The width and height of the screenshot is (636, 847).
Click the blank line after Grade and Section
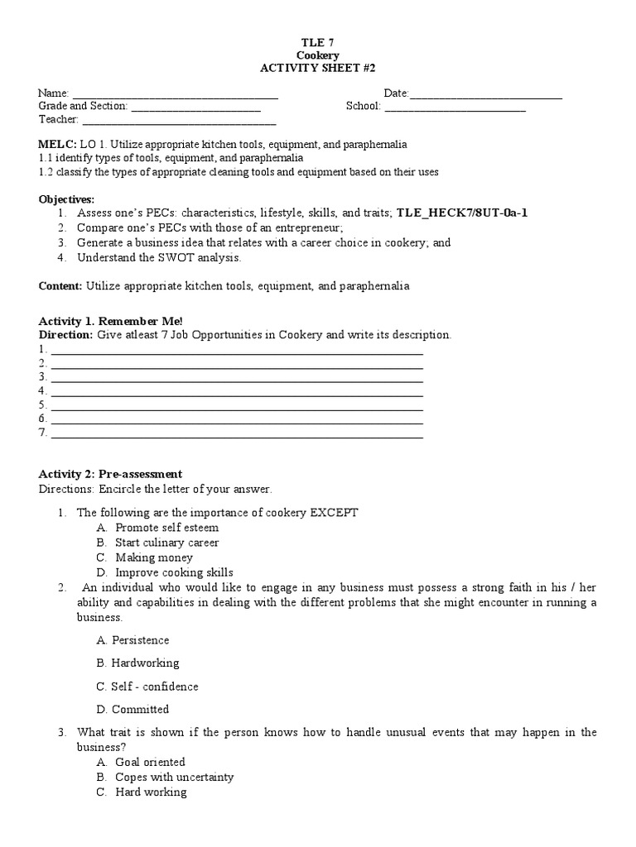click(195, 108)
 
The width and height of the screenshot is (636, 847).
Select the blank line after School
click(455, 108)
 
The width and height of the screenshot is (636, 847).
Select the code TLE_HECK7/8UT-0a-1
click(461, 213)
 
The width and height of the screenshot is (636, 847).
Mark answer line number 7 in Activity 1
click(237, 435)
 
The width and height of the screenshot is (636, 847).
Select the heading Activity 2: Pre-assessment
click(110, 474)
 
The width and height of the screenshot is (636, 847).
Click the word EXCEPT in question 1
click(334, 512)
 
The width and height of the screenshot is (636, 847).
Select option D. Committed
click(132, 709)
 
